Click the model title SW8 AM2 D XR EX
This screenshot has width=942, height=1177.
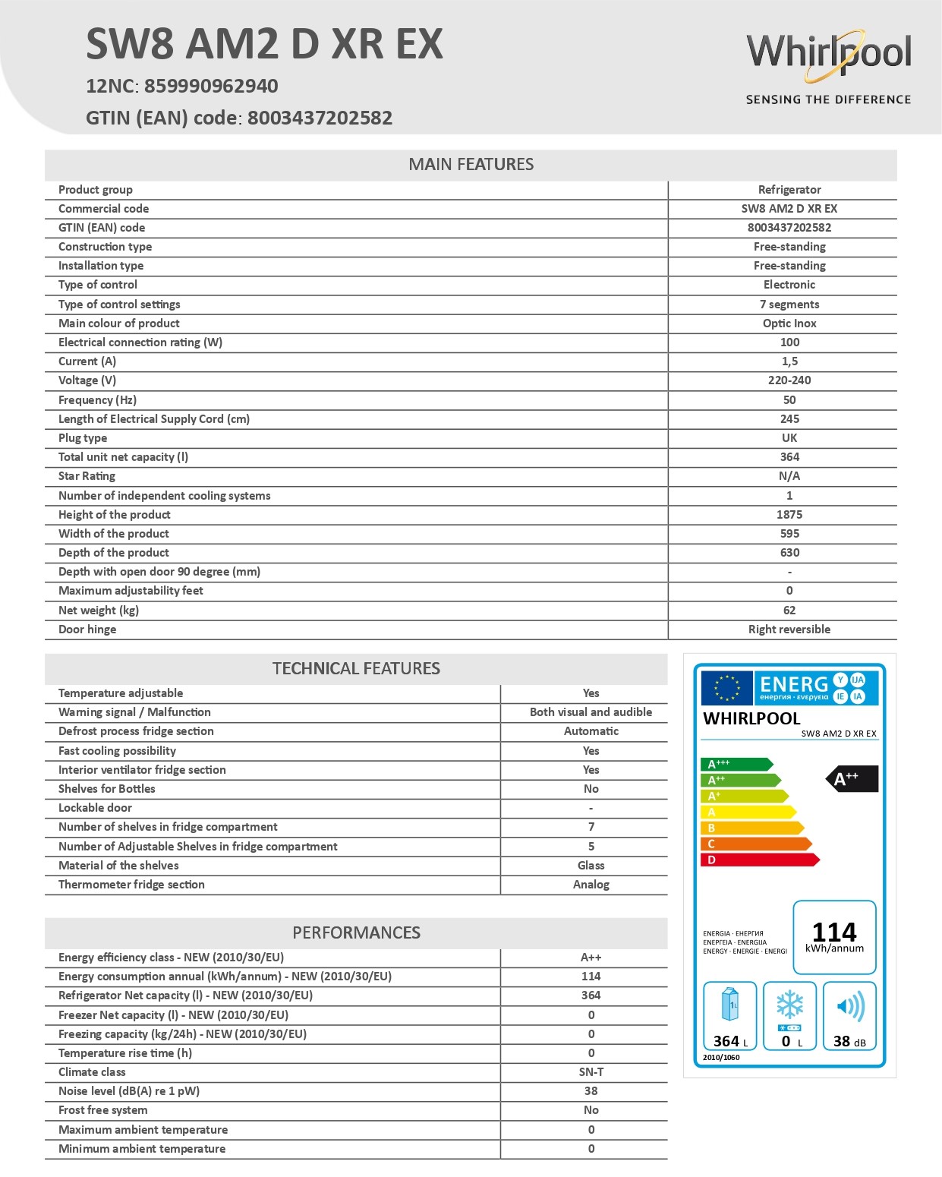264,44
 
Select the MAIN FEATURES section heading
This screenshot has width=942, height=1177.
471,165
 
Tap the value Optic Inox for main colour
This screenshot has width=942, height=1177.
789,323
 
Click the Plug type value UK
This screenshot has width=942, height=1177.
789,438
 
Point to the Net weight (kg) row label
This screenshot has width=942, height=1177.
99,611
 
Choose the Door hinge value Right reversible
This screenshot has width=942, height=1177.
789,630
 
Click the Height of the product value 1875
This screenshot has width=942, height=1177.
789,515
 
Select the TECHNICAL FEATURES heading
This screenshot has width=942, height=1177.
356,669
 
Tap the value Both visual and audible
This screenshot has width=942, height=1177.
591,712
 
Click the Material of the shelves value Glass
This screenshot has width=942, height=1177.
591,866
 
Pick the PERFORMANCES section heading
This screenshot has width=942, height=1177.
356,933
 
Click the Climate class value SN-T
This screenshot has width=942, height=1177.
591,1072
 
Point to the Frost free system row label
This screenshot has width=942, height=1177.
103,1110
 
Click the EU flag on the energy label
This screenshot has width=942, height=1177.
726,688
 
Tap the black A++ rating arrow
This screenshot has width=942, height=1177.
852,779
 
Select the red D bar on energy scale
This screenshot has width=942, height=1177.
759,860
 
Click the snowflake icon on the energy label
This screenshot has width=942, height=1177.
789,1005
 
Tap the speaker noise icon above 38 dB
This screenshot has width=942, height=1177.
849,1008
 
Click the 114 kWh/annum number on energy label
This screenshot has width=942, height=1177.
834,932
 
